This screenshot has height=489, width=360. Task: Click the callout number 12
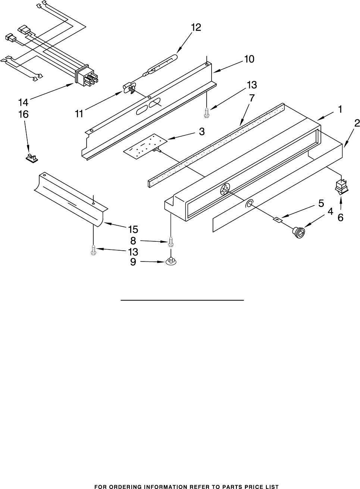pyautogui.click(x=196, y=28)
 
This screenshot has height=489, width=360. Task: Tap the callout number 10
pyautogui.click(x=249, y=59)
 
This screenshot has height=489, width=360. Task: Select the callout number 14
pyautogui.click(x=23, y=102)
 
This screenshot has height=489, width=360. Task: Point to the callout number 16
pyautogui.click(x=23, y=115)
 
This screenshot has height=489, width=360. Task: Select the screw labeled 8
pyautogui.click(x=171, y=242)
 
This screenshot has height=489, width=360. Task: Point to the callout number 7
pyautogui.click(x=252, y=98)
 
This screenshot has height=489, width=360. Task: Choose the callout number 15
pyautogui.click(x=133, y=229)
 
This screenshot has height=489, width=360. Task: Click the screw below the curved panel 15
pyautogui.click(x=93, y=250)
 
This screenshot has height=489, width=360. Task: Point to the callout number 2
pyautogui.click(x=357, y=123)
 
